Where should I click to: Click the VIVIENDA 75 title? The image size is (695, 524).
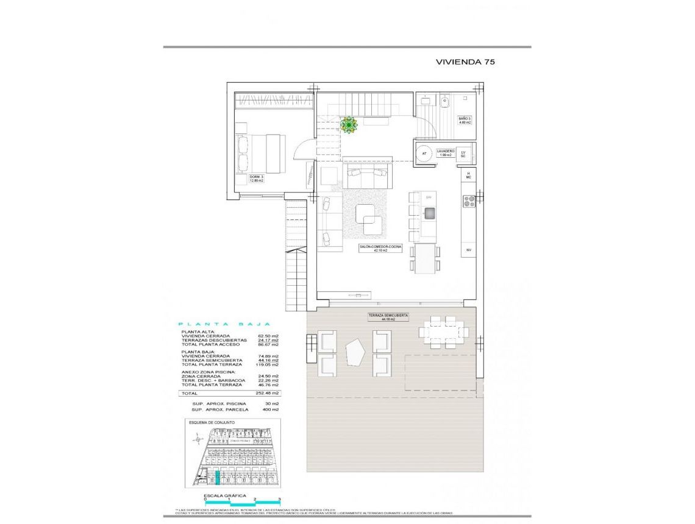[464, 62]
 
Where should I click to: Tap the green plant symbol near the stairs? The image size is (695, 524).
[349, 126]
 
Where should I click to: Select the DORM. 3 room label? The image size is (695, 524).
[257, 179]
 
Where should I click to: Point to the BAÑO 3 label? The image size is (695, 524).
[465, 120]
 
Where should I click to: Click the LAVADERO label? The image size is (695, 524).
[446, 153]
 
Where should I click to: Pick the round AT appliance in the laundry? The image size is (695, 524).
[424, 153]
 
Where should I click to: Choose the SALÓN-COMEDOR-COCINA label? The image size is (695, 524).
[380, 247]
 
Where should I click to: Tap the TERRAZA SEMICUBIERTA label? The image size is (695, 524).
[388, 317]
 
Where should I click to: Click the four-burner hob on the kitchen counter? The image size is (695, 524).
[469, 201]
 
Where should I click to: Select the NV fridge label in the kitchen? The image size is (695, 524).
[469, 250]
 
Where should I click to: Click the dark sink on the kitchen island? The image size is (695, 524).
[430, 213]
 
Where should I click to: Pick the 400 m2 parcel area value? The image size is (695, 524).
[271, 409]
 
